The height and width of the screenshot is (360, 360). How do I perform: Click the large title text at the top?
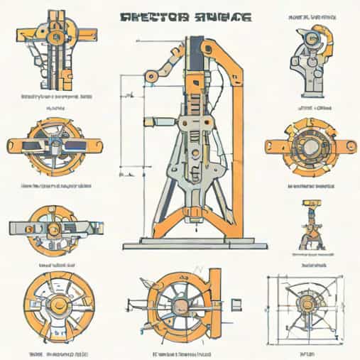[x=181, y=16]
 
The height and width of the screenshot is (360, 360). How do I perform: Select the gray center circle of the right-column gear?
[x=310, y=146]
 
